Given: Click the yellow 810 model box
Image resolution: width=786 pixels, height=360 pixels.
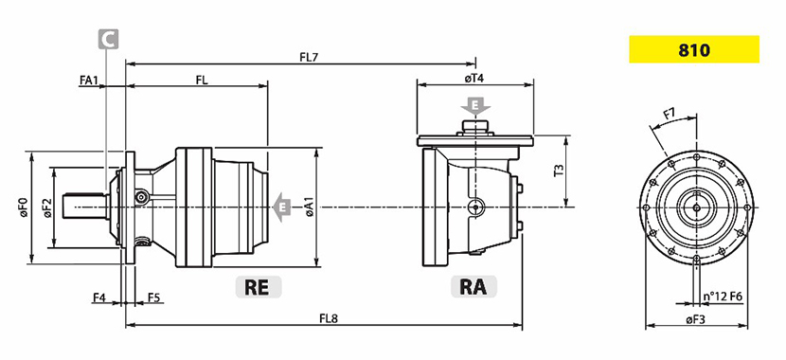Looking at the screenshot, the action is [x=694, y=49].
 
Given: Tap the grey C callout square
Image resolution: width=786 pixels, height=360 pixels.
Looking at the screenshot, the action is [x=108, y=39].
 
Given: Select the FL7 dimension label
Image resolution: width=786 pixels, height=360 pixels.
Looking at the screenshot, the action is [x=309, y=57].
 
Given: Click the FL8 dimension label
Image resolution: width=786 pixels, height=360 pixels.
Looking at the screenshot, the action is [x=329, y=318].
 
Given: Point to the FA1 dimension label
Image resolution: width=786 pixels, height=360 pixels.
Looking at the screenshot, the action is [x=88, y=80].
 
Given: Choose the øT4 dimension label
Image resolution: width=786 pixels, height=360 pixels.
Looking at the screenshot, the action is [x=473, y=79].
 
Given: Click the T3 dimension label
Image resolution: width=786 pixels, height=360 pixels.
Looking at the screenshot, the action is [x=558, y=171].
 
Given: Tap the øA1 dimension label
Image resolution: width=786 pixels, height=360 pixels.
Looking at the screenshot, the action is [x=310, y=207].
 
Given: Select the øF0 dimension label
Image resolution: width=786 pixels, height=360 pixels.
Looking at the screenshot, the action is [x=23, y=207].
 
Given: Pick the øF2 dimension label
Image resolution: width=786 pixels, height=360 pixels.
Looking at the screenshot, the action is [x=47, y=207].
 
